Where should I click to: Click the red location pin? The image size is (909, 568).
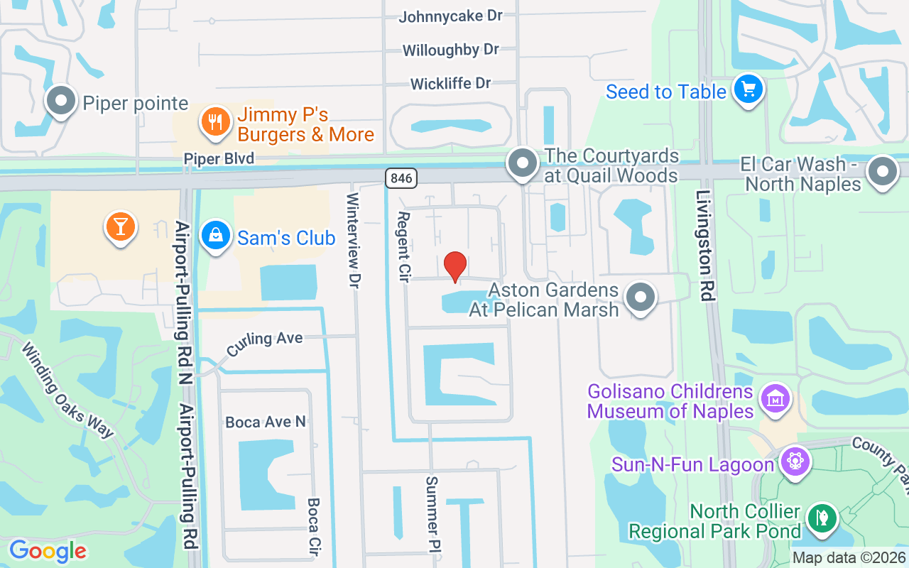[x=455, y=266]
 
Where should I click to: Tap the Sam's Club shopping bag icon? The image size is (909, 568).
[x=214, y=236]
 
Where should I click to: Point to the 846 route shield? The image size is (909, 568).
[x=401, y=177]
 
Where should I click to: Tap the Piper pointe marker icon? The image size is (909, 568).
[x=62, y=101]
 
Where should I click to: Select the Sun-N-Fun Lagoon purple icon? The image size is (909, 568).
[x=795, y=462]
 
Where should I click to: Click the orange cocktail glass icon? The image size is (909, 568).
[x=121, y=226]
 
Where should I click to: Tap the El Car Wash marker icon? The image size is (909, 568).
[x=883, y=171]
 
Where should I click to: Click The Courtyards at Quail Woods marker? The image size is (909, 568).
[x=523, y=163]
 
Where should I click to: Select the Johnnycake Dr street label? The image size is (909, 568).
[x=450, y=16]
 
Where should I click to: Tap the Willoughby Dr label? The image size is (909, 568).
[x=450, y=50]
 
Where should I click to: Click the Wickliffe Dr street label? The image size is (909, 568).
[x=450, y=84]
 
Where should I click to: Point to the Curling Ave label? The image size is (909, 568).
[x=264, y=342]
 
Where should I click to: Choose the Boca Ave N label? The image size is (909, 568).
[x=266, y=422]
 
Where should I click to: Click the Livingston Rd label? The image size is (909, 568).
[x=704, y=245]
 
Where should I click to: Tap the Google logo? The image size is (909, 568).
[x=48, y=551]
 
